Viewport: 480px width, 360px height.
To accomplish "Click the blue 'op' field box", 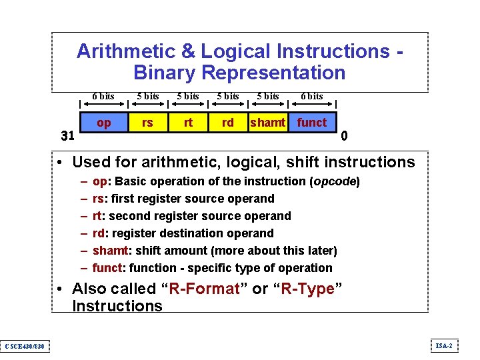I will (103, 123).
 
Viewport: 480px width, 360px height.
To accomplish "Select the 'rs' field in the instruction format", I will (147, 123).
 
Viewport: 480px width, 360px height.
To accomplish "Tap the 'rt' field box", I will (188, 123).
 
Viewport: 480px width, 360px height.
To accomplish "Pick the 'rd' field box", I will (228, 123).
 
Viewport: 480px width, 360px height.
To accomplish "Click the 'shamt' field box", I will (267, 123).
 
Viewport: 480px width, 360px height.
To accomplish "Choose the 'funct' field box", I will (311, 123).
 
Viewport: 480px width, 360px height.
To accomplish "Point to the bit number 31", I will (67, 137).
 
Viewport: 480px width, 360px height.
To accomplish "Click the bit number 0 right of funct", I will (344, 137).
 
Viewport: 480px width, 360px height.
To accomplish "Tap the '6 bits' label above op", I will (103, 97).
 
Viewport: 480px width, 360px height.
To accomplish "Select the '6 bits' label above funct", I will (311, 97).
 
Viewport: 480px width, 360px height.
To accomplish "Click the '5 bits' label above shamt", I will (268, 97).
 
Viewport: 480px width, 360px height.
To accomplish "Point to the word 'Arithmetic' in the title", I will (125, 51).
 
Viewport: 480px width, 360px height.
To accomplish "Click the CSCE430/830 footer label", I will (24, 346).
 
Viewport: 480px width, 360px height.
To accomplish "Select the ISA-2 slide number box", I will (444, 345).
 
